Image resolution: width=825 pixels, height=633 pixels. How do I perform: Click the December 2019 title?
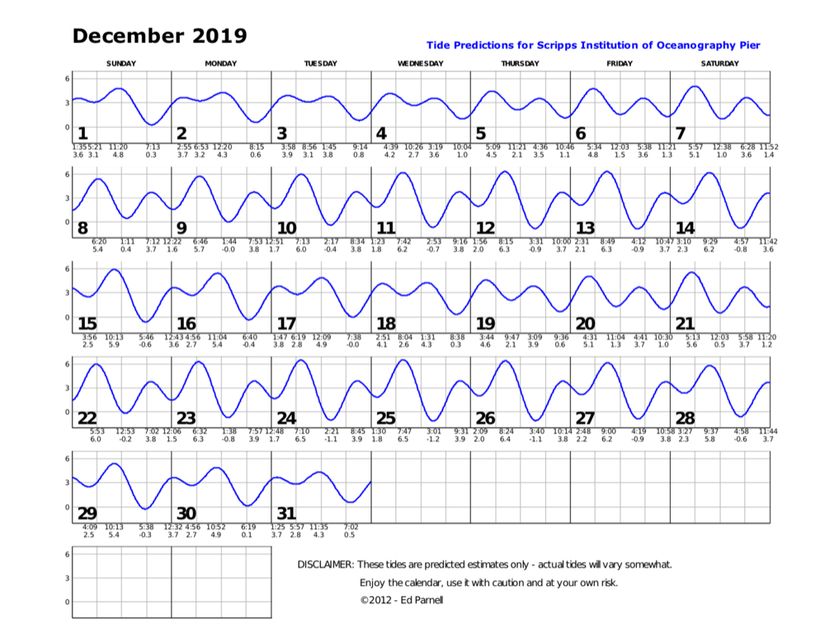(159, 35)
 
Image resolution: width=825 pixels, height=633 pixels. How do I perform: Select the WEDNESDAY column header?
(420, 63)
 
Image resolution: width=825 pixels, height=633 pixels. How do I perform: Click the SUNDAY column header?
(121, 63)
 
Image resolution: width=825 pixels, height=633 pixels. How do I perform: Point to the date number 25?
(386, 419)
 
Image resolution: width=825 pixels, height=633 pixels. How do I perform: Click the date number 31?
(286, 513)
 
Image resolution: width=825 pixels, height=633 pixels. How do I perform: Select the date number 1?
(82, 134)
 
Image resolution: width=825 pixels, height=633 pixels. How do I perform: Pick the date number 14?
(685, 228)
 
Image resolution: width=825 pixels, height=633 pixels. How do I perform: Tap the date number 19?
(485, 324)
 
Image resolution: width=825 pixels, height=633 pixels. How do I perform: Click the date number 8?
(82, 228)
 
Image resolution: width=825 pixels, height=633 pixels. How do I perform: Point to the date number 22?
(87, 419)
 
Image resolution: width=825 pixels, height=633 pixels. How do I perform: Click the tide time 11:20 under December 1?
(118, 147)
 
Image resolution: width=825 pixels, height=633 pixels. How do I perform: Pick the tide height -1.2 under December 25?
(433, 439)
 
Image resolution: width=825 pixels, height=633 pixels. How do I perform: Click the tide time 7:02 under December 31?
(350, 527)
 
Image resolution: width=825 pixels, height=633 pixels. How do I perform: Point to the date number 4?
(381, 134)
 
